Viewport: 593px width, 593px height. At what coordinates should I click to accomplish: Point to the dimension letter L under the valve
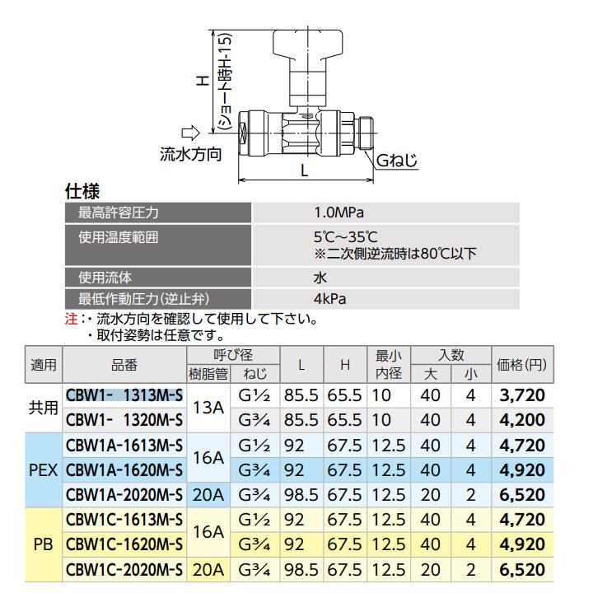click(304, 171)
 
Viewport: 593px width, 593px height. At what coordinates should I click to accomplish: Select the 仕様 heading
click(82, 192)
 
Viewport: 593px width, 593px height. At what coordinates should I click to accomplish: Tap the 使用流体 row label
click(105, 277)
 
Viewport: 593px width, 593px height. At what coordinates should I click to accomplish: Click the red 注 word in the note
click(70, 318)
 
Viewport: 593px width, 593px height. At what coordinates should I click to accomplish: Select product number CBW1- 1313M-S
click(124, 395)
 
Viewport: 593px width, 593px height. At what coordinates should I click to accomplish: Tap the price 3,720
click(522, 395)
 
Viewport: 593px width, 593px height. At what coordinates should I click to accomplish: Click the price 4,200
click(522, 420)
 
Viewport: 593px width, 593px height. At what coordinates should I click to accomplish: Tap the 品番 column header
click(124, 363)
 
